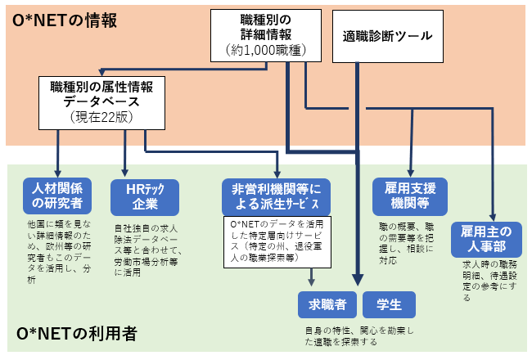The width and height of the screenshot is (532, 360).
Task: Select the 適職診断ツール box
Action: click(387, 36)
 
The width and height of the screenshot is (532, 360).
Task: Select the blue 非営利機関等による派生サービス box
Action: click(275, 196)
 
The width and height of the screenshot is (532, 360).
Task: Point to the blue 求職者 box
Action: click(326, 305)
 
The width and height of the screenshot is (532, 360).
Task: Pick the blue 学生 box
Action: click(389, 305)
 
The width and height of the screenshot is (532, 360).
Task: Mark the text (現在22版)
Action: click(102, 117)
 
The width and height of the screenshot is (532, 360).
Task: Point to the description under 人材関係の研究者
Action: click(60, 251)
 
